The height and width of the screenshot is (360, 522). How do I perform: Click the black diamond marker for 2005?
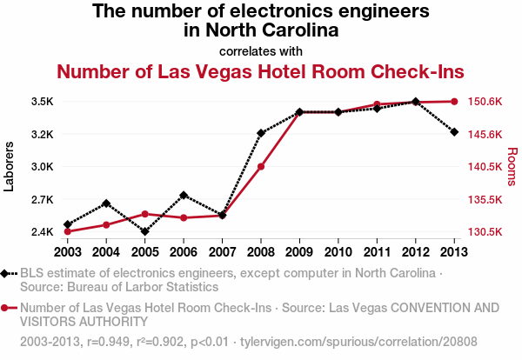[x=144, y=231]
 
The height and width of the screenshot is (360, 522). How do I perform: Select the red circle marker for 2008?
[x=261, y=166]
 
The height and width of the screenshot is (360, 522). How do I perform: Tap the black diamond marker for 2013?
[x=454, y=132]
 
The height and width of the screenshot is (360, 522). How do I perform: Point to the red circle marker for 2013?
[x=454, y=102]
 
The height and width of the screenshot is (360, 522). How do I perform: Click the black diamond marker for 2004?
[x=106, y=203]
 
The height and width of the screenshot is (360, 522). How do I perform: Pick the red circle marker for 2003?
[x=68, y=231]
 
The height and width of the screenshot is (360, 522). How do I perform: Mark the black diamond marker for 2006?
[x=184, y=196]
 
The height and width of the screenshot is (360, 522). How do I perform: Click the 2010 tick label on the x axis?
[x=338, y=251]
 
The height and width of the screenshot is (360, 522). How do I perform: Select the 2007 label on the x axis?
[x=222, y=251]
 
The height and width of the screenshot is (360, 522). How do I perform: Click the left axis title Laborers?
[x=10, y=167]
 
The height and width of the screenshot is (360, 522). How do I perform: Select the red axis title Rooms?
[x=512, y=167]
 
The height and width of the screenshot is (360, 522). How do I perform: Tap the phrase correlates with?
[x=261, y=50]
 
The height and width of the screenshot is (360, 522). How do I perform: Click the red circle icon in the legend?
[x=7, y=308]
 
